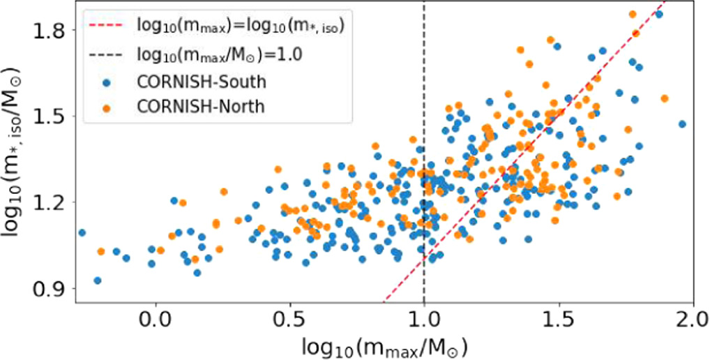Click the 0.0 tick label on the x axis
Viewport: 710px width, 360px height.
(x=156, y=323)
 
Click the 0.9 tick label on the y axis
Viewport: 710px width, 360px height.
(x=51, y=288)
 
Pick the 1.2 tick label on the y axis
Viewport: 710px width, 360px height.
(x=51, y=202)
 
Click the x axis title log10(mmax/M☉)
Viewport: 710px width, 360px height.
(x=384, y=347)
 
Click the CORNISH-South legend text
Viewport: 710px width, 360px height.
(x=202, y=82)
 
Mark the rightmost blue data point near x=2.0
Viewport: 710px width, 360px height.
(x=682, y=124)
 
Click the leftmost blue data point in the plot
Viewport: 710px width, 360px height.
(x=82, y=232)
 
